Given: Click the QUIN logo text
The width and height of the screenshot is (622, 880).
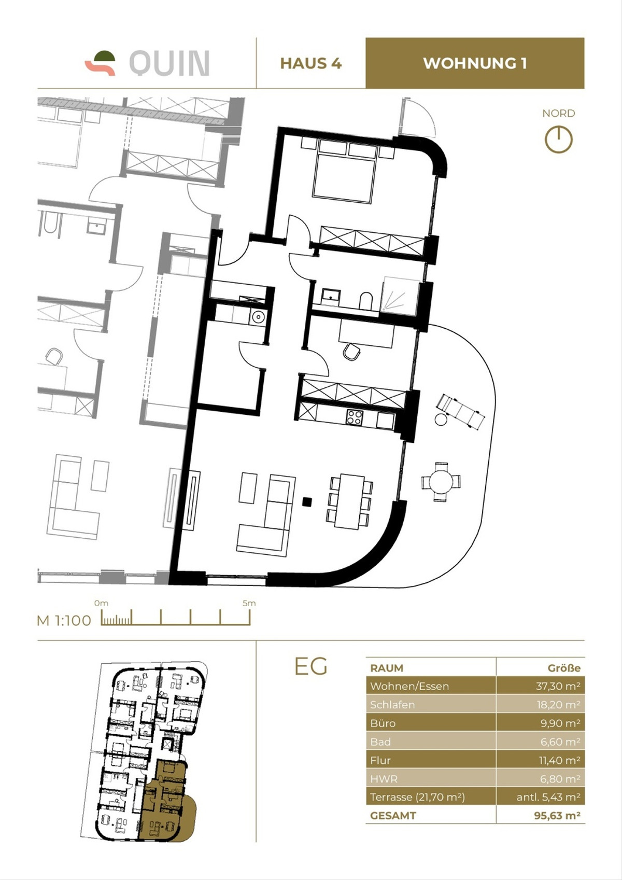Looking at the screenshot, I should [169, 63].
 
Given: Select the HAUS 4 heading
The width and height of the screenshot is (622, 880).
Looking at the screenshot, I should [310, 63].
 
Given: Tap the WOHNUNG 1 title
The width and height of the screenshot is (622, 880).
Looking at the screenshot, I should [475, 63].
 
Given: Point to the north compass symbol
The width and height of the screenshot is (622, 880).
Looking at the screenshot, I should [558, 139].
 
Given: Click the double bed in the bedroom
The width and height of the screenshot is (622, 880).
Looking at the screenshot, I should [344, 174].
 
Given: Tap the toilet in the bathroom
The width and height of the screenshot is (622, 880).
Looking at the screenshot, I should [366, 301].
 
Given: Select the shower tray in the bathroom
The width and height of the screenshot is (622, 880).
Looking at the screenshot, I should [400, 296].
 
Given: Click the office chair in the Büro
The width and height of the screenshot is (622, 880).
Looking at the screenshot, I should [351, 352].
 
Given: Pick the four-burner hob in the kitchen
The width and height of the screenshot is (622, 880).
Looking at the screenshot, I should [355, 417].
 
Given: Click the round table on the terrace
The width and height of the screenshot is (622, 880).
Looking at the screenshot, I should [441, 482].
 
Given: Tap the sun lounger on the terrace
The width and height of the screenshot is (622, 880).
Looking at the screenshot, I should [461, 412].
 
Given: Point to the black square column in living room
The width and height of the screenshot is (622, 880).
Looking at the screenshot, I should [307, 501].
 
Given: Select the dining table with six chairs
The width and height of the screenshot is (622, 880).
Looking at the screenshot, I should [349, 501].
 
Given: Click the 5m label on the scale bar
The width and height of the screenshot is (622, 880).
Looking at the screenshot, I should [249, 603].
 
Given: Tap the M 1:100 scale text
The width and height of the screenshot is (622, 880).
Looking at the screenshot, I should [64, 620].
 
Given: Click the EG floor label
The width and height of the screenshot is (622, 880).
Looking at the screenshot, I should [310, 666].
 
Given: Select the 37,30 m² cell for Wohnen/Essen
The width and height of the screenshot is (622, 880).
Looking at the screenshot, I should [557, 686].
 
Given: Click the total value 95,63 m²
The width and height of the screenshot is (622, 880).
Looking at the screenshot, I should [557, 815].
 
